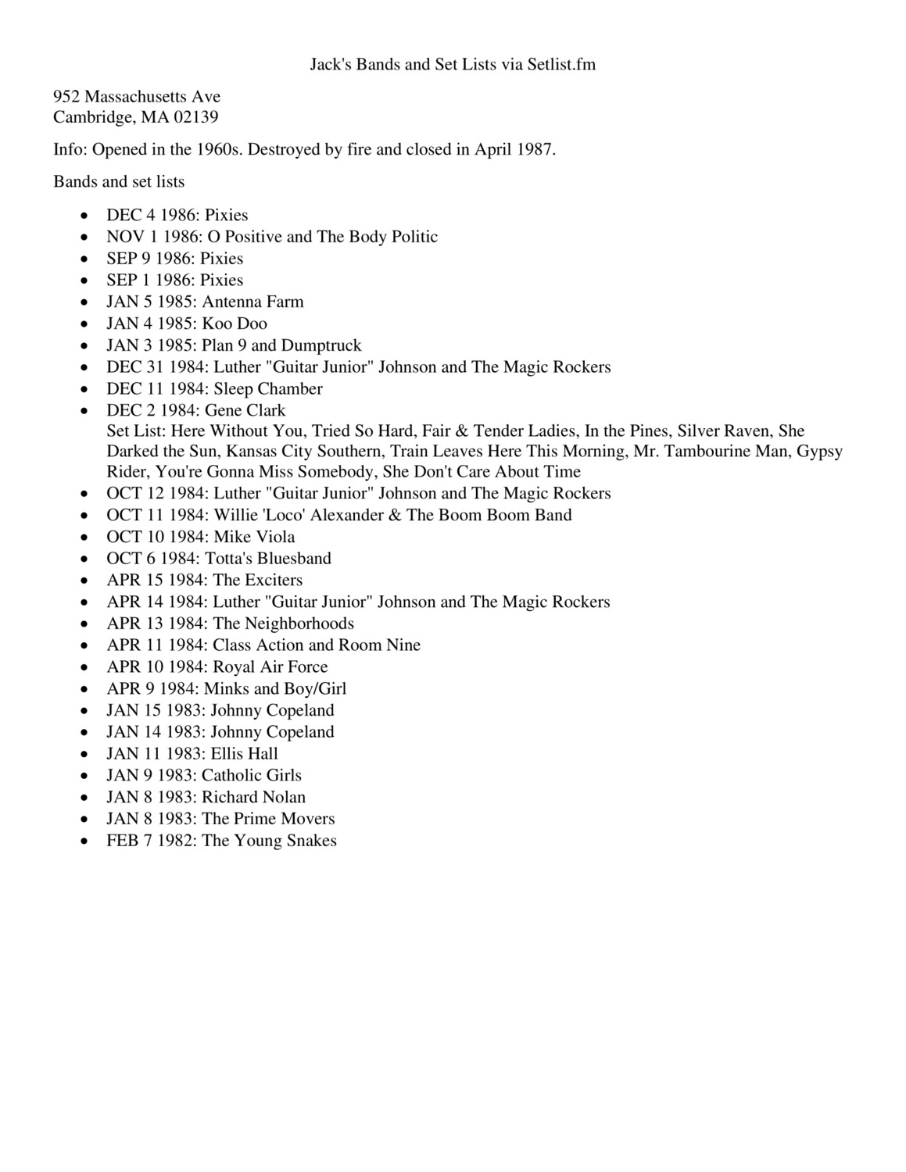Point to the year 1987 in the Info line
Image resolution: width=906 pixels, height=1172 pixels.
pyautogui.click(x=535, y=150)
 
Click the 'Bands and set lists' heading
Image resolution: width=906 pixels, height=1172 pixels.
pyautogui.click(x=119, y=182)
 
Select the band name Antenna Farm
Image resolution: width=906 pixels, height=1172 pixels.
pyautogui.click(x=253, y=302)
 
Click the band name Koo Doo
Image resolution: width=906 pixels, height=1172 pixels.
pyautogui.click(x=235, y=323)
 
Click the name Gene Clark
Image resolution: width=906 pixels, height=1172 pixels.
pyautogui.click(x=245, y=411)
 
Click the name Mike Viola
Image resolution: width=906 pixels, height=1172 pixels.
pyautogui.click(x=254, y=537)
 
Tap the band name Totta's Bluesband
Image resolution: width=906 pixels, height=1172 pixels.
pyautogui.click(x=268, y=559)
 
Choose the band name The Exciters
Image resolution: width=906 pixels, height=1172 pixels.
pyautogui.click(x=257, y=581)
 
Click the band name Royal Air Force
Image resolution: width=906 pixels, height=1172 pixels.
pyautogui.click(x=270, y=667)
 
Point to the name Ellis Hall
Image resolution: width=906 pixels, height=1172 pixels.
pyautogui.click(x=244, y=754)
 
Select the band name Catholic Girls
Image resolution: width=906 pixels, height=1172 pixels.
pyautogui.click(x=252, y=776)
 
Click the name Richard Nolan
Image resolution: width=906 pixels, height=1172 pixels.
pyautogui.click(x=254, y=798)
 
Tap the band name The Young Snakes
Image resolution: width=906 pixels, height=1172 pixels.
pyautogui.click(x=270, y=841)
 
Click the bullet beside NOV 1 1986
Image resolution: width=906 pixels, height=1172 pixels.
pyautogui.click(x=84, y=238)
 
